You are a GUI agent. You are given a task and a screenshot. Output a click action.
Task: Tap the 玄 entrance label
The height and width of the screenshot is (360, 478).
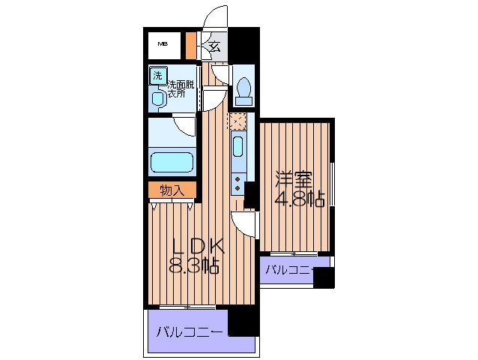(x=214, y=48)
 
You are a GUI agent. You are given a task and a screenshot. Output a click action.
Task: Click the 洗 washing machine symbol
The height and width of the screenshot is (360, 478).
(x=157, y=75)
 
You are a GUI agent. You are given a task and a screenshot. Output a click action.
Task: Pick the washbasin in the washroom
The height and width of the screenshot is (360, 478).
(x=158, y=98)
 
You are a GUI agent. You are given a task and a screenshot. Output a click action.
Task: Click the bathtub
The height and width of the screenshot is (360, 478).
(x=172, y=162)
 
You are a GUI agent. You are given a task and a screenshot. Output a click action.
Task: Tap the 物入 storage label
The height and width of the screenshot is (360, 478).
(x=172, y=190)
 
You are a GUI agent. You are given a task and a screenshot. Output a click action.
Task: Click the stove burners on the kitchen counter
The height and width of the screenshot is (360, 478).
(x=237, y=181)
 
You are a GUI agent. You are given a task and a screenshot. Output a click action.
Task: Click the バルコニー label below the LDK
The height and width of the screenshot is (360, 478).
(x=187, y=331)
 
